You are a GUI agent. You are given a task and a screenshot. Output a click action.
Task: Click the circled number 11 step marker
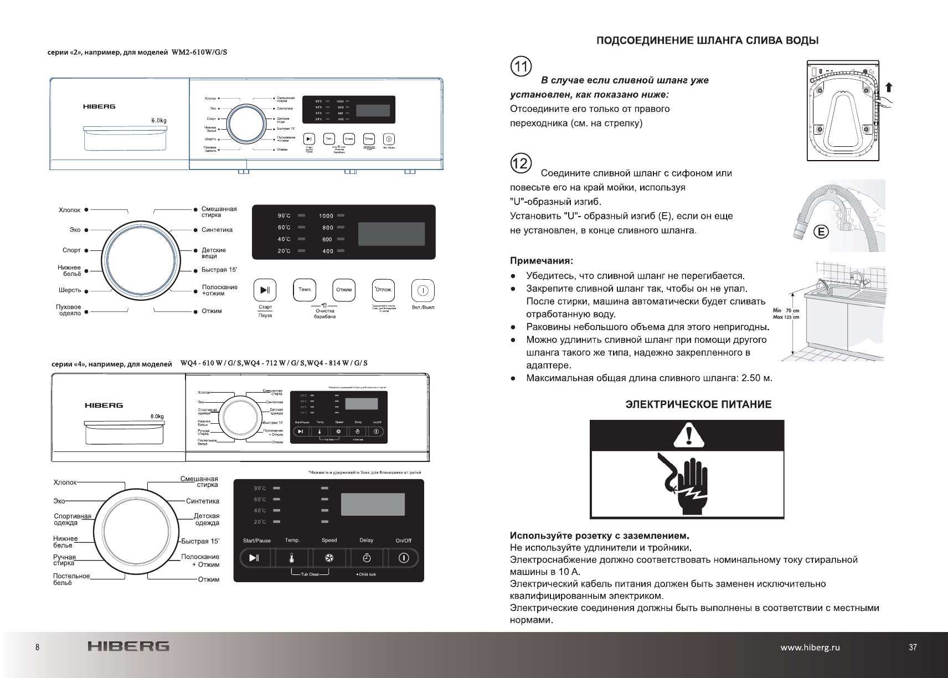[521, 68]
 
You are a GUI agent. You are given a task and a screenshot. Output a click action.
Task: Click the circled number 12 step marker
[521, 164]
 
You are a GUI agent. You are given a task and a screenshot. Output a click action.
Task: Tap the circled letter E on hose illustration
[821, 232]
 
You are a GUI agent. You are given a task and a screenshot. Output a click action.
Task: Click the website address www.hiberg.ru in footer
[810, 647]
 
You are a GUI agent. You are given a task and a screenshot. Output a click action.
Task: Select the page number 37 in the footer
[913, 647]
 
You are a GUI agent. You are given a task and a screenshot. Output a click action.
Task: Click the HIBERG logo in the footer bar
[128, 646]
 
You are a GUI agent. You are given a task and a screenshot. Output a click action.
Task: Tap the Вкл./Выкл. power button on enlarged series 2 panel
[423, 290]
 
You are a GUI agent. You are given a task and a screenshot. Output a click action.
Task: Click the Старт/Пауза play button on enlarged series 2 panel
[265, 290]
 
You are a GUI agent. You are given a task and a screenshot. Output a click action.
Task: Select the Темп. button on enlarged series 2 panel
[305, 290]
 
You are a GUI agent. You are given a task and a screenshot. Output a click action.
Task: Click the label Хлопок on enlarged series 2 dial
[70, 210]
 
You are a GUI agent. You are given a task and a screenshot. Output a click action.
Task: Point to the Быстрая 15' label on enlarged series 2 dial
[219, 270]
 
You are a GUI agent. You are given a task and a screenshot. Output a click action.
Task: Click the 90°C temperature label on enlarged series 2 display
[284, 215]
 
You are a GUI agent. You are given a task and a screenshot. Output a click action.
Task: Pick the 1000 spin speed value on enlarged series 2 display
[326, 215]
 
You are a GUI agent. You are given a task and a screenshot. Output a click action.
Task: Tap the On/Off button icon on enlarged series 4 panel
[404, 558]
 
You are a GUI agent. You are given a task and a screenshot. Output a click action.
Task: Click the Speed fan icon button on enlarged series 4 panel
[329, 558]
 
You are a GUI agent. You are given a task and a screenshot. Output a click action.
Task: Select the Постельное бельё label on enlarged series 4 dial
[71, 579]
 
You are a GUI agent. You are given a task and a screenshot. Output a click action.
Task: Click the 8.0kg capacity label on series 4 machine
[157, 416]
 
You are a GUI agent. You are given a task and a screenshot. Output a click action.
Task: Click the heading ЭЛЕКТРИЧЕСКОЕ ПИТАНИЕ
[698, 404]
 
